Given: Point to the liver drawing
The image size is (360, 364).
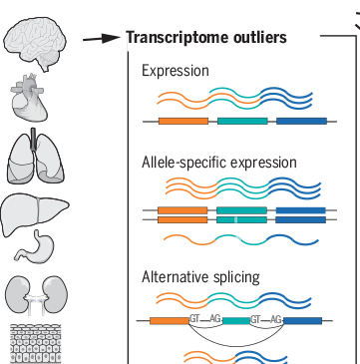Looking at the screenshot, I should click(32, 211).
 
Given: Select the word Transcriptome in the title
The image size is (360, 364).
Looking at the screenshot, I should click(169, 39).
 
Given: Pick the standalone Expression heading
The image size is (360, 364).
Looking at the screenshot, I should click(176, 71).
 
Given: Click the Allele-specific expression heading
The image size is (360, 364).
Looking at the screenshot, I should click(218, 162).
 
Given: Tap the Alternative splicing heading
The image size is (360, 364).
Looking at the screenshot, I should click(200, 276).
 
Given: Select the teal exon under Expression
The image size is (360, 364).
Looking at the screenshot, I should click(241, 121).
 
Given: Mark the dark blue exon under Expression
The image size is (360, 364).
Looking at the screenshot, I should click(300, 121).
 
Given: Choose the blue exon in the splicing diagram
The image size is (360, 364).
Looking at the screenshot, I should click(303, 321).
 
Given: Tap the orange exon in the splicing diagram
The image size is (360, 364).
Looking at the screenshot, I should click(169, 321).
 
